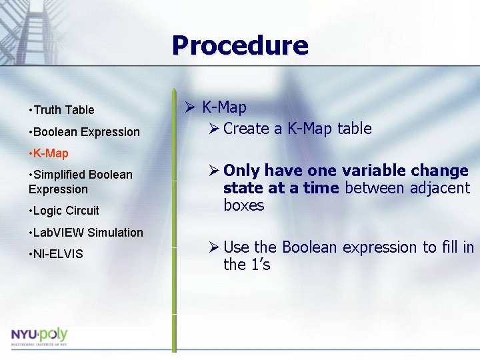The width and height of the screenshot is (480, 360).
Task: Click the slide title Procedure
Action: [240, 46]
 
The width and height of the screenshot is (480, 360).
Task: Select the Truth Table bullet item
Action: [63, 110]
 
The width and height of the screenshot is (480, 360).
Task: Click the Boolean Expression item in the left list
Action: [86, 132]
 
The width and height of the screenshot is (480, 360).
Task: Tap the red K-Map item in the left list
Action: [50, 153]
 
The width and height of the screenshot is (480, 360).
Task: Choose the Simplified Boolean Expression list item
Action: [82, 182]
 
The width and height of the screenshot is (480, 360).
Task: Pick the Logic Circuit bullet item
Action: [65, 211]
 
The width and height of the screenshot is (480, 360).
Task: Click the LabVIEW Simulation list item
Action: [87, 233]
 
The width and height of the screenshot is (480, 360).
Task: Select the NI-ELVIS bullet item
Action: [57, 254]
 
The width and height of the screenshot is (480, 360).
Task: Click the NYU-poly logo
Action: [39, 336]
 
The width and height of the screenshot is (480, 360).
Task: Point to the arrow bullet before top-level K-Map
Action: [189, 107]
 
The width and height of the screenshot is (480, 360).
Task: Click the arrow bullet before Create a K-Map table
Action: [213, 129]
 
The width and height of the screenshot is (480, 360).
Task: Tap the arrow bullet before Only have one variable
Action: [213, 171]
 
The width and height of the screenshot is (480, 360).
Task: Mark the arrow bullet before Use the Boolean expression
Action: [213, 247]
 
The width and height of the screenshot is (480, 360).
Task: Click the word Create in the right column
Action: [246, 129]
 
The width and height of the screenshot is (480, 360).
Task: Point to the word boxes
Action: [244, 206]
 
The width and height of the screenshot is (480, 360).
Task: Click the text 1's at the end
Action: [259, 265]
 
